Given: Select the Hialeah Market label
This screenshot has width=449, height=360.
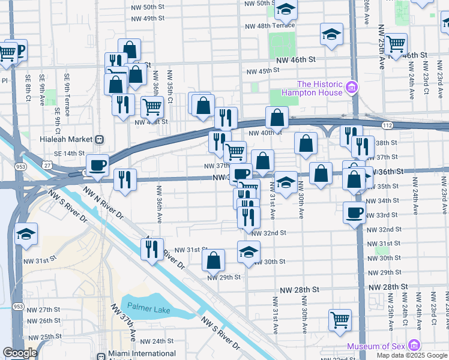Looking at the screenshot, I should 63,139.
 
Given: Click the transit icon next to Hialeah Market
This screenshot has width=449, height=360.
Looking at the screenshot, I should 100,139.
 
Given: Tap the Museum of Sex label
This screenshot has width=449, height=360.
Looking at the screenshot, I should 375,346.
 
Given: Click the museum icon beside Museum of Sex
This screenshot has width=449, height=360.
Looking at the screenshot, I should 412,346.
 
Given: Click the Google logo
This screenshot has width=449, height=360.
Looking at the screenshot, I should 20,353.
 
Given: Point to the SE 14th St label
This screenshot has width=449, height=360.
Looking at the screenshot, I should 70,154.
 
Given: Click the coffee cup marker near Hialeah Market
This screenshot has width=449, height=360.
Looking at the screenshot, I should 97,164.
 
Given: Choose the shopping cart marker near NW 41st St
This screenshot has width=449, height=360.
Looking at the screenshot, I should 152,107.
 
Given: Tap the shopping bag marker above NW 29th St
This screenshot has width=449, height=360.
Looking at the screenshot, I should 213,260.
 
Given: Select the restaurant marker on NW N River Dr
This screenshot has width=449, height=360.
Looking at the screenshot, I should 152,248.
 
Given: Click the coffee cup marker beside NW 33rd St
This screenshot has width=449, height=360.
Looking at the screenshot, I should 354,212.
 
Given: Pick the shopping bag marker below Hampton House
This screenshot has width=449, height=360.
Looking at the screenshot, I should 277,117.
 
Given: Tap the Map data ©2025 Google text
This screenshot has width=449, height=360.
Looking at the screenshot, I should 412,355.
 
